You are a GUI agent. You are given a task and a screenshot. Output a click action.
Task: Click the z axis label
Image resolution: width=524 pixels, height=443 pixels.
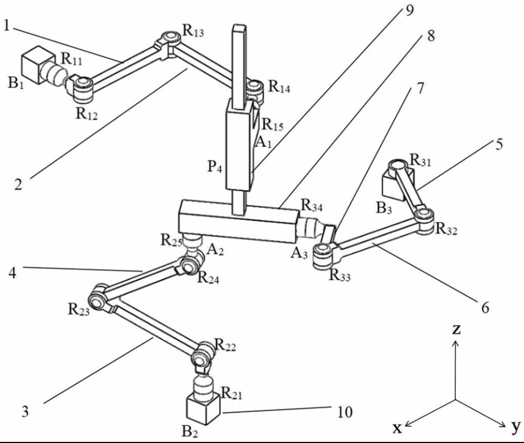456,329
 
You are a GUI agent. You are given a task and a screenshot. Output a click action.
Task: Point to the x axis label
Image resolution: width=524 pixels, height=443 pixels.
399,428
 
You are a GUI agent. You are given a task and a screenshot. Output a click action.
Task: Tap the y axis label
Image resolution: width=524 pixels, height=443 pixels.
515,428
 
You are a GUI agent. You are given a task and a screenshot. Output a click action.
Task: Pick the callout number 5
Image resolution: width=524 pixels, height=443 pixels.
498,144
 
